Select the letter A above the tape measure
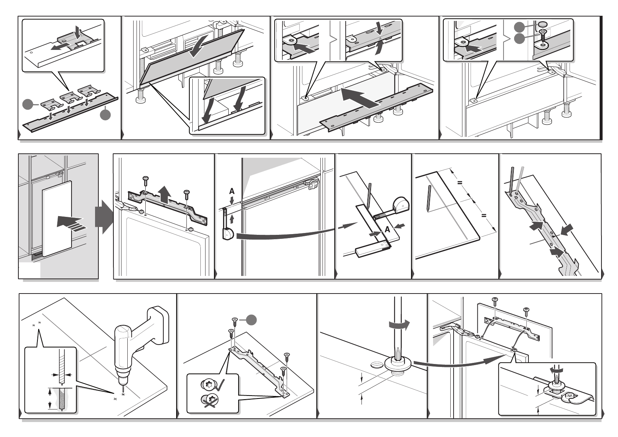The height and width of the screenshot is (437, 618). point(232,191)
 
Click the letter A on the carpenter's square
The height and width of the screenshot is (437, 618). point(387,229)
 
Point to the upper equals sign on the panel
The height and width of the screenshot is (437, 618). point(459,183)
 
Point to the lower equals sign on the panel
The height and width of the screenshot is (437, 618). point(484,216)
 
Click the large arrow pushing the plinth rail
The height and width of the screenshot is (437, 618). point(360,97)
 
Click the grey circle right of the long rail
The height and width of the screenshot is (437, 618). point(105,114)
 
